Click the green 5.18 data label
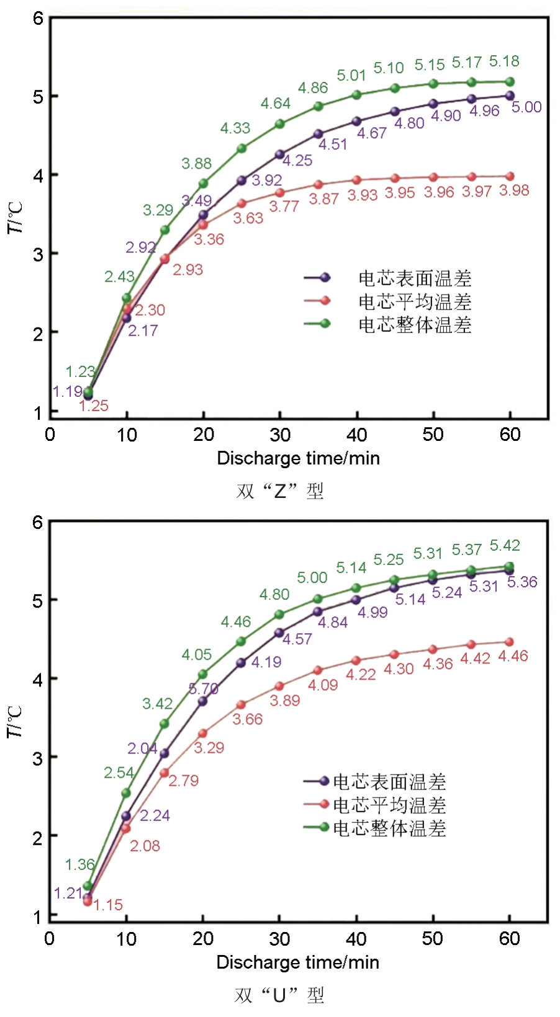pyautogui.click(x=504, y=61)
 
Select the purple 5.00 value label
pyautogui.click(x=526, y=107)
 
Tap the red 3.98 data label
pyautogui.click(x=514, y=190)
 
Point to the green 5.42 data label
pyautogui.click(x=504, y=546)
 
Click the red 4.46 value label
pyautogui.click(x=513, y=656)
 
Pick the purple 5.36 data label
pyautogui.click(x=522, y=582)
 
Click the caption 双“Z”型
pyautogui.click(x=280, y=491)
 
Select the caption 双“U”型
pyautogui.click(x=280, y=995)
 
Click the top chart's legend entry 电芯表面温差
pyautogui.click(x=415, y=278)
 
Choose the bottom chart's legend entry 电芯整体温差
pyautogui.click(x=389, y=828)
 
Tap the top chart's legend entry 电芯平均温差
pyautogui.click(x=415, y=302)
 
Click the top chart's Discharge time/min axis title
pyautogui.click(x=298, y=458)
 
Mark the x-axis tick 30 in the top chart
pyautogui.click(x=280, y=435)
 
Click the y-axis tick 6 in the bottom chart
pyautogui.click(x=38, y=522)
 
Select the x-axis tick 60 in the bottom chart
pyautogui.click(x=509, y=939)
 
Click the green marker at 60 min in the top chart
pyautogui.click(x=510, y=82)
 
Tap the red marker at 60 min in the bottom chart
pyautogui.click(x=510, y=642)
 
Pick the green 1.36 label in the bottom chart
pyautogui.click(x=80, y=864)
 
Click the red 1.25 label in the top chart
pyautogui.click(x=94, y=406)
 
